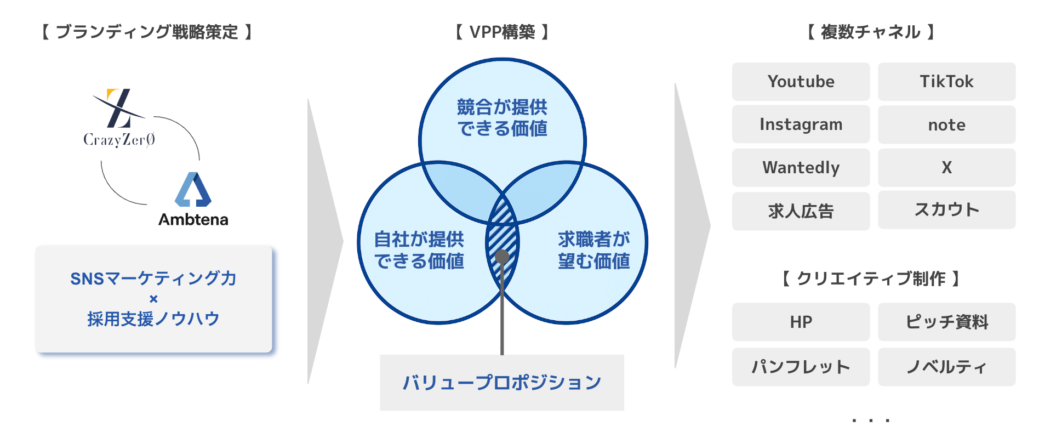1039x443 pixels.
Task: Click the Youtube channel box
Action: [801, 82]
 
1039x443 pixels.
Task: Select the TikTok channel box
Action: [946, 82]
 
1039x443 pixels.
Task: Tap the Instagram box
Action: [801, 124]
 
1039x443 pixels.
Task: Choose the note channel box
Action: [946, 125]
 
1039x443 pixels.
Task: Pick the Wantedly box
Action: [801, 168]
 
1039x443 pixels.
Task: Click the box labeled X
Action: [946, 168]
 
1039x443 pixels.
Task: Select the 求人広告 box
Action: [801, 211]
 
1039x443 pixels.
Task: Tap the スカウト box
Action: [946, 210]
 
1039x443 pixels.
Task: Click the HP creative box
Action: [801, 322]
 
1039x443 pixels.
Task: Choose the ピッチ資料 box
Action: [946, 322]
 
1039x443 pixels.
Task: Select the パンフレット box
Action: [801, 367]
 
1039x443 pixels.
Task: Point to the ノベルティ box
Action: [946, 367]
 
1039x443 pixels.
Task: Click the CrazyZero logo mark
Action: [118, 108]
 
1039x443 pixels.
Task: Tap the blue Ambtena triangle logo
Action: [193, 190]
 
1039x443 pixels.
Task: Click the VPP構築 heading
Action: [502, 32]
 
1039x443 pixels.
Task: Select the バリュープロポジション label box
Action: [502, 383]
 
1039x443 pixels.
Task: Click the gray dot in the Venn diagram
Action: [502, 257]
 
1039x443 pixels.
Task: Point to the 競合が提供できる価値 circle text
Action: [502, 117]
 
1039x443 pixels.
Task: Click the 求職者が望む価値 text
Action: [594, 250]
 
